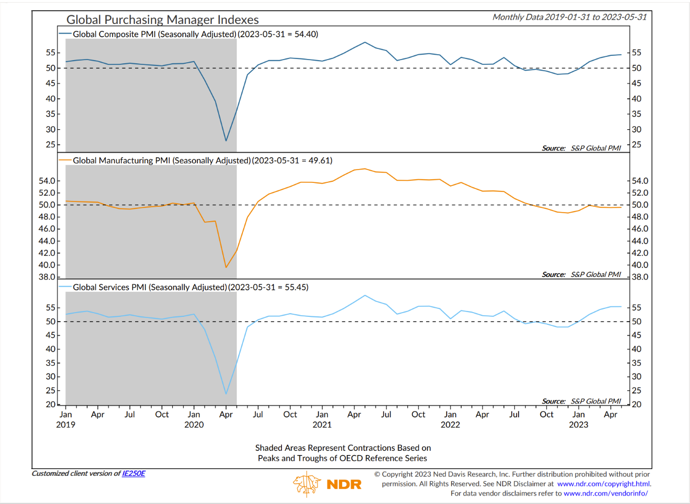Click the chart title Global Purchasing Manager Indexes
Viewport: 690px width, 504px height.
(162, 20)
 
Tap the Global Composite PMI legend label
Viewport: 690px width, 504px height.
(154, 34)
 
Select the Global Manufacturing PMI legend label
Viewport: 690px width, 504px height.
(162, 161)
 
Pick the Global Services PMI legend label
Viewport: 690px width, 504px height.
(149, 287)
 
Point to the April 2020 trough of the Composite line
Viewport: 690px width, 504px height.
(226, 141)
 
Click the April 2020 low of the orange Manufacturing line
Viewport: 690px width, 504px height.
(226, 267)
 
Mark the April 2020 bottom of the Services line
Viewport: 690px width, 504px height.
(226, 394)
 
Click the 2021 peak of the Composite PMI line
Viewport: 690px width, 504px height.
(365, 42)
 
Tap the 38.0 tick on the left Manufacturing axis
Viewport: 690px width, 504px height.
(47, 277)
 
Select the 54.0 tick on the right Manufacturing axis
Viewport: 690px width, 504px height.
(640, 181)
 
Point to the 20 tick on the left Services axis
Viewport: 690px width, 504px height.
(51, 404)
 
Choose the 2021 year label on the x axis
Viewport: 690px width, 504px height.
(322, 425)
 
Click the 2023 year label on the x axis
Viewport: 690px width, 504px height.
(578, 425)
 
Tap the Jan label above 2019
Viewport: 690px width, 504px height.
(65, 414)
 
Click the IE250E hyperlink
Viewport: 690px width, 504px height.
(134, 473)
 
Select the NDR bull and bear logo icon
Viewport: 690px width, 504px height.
(307, 484)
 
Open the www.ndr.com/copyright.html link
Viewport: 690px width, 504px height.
(603, 484)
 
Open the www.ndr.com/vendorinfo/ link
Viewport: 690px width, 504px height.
(605, 493)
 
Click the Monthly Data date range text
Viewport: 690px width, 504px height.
(570, 17)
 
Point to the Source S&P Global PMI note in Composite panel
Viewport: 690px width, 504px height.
(581, 148)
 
